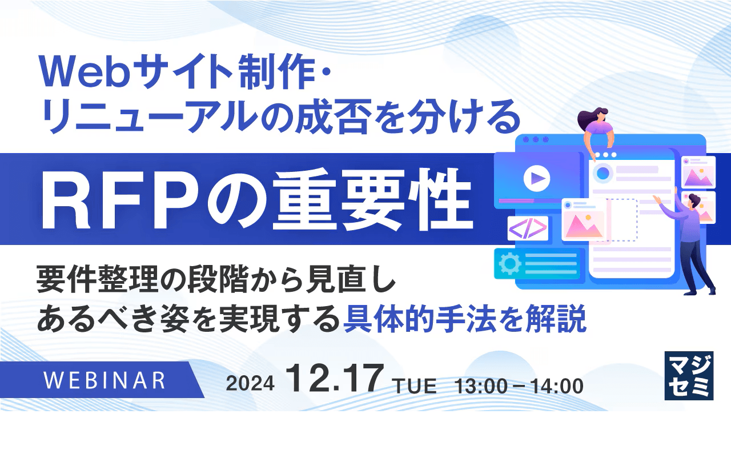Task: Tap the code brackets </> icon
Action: pos(528,228)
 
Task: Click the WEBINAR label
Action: pos(104,380)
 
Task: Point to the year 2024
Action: pos(250,384)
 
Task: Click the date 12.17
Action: pos(335,379)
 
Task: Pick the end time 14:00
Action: pos(557,387)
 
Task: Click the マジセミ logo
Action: pos(688,375)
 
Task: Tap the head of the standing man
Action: pos(694,200)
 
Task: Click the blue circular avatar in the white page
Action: pos(602,172)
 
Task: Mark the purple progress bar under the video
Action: pos(517,200)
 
